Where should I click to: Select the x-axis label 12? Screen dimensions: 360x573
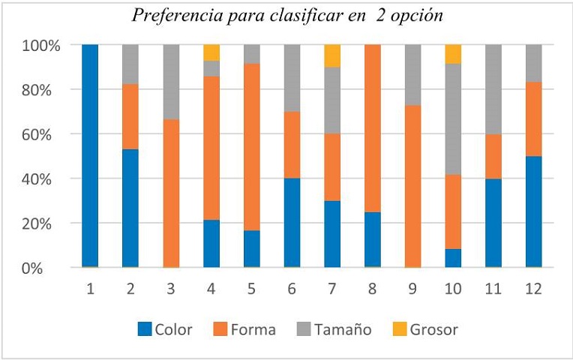click(533, 287)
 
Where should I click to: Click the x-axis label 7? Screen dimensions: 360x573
click(332, 287)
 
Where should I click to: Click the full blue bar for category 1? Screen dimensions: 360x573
click(90, 156)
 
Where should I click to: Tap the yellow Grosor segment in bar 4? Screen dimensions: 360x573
click(211, 52)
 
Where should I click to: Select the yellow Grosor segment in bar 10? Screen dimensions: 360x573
click(453, 54)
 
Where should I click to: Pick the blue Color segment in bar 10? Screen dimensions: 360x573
click(453, 258)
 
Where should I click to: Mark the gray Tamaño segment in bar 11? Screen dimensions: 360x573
click(493, 89)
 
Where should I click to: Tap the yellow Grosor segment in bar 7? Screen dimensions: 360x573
click(332, 55)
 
